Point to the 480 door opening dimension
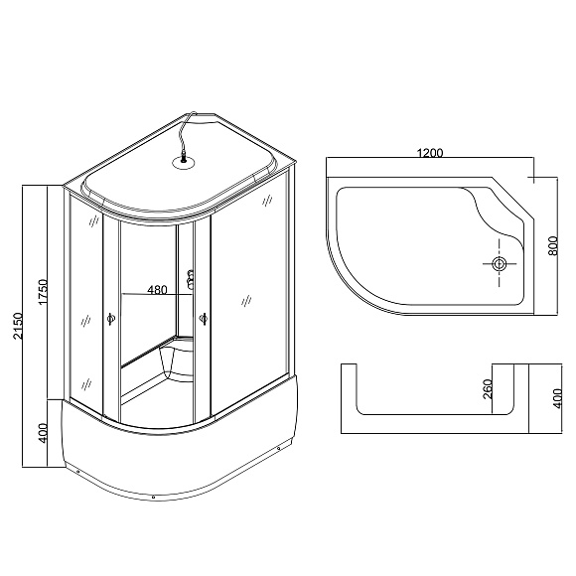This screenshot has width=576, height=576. (157, 290)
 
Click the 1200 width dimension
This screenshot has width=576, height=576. (430, 154)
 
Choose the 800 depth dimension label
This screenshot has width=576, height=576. (552, 244)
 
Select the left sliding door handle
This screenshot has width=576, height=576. (110, 319)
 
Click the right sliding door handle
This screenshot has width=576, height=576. (204, 318)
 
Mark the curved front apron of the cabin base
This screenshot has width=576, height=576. (169, 457)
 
